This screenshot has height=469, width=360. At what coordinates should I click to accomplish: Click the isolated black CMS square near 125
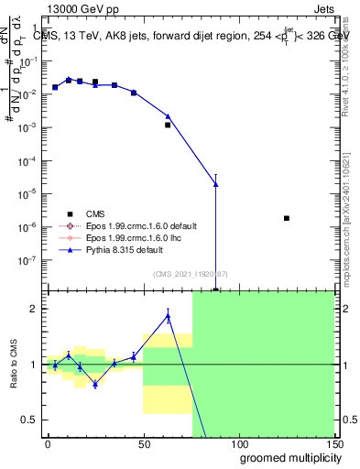point(287,218)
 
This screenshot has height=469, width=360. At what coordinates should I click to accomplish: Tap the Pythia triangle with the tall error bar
point(215,184)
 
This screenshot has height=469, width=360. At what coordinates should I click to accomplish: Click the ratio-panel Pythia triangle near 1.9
point(168,316)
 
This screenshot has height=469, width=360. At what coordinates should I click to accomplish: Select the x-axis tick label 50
point(143,442)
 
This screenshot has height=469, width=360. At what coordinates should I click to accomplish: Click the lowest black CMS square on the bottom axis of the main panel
point(215,290)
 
